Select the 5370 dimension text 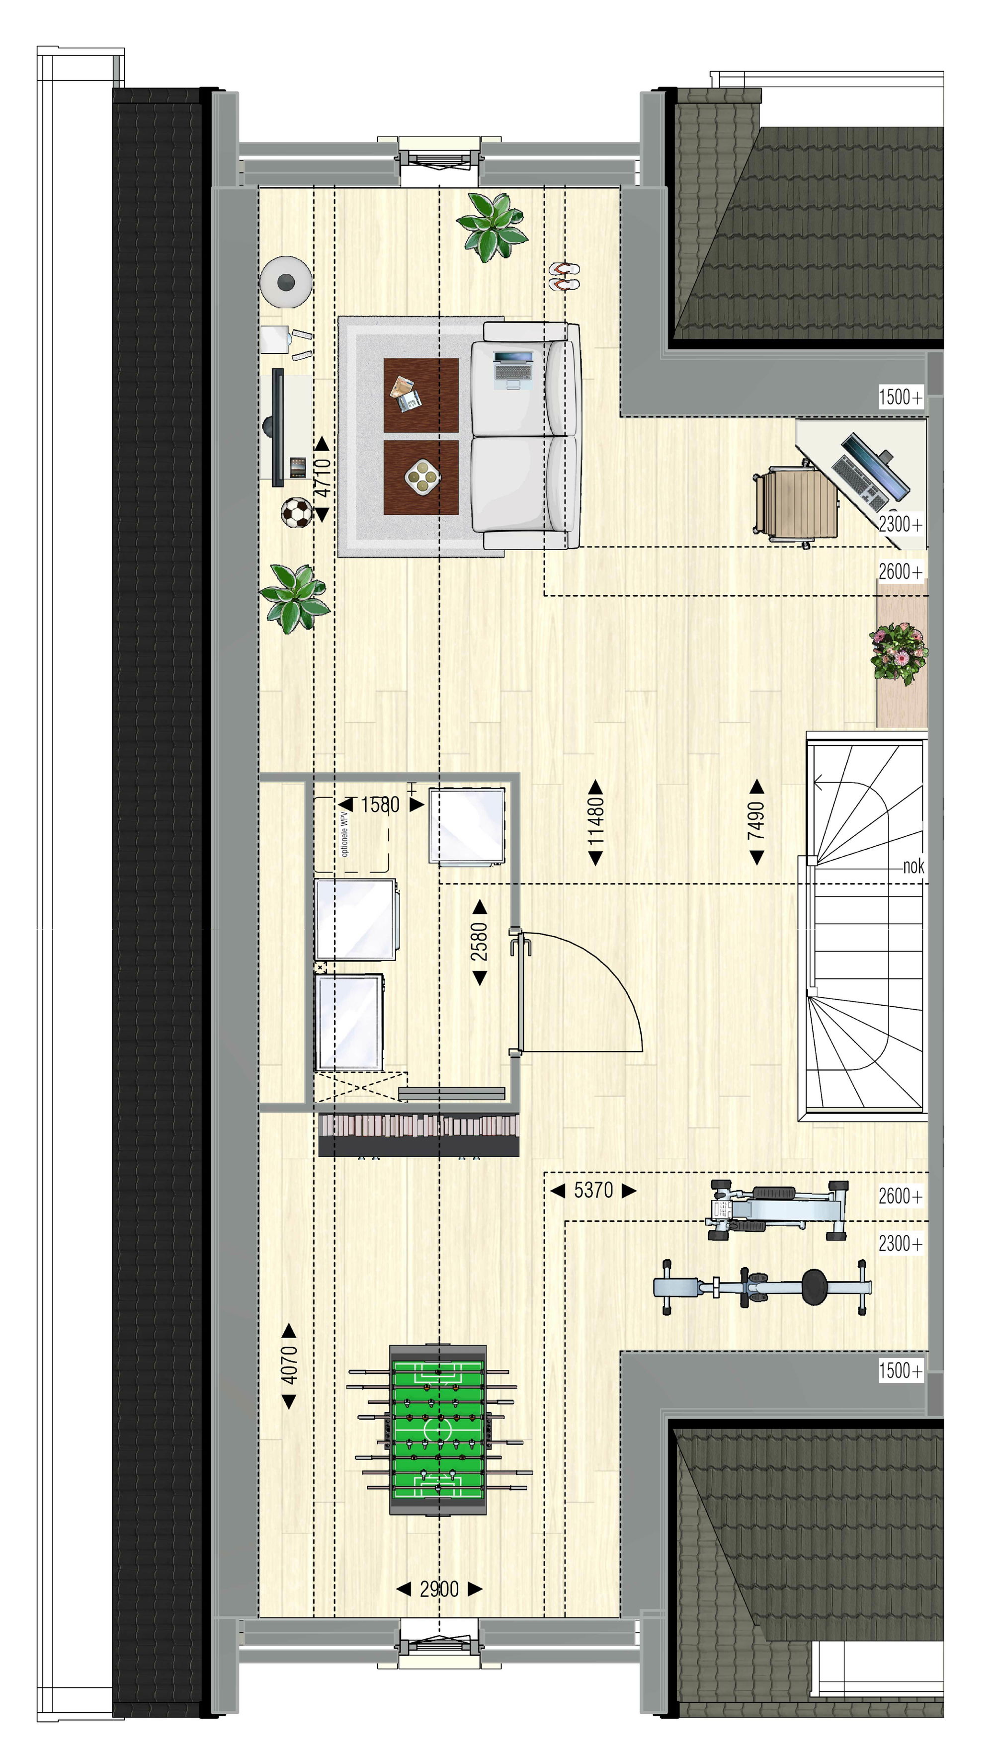click(x=593, y=1190)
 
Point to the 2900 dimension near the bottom click(x=439, y=1589)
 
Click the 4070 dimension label click(x=289, y=1365)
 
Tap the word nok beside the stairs click(x=913, y=866)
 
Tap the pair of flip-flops click(x=565, y=276)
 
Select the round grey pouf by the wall click(x=286, y=281)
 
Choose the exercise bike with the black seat click(x=762, y=1287)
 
